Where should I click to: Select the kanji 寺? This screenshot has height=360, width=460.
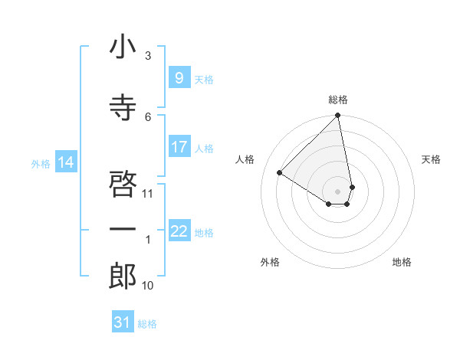(x=123, y=108)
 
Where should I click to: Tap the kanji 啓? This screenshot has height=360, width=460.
(x=123, y=182)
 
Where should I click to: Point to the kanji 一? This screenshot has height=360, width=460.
(x=123, y=229)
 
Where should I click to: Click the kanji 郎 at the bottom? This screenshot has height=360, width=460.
(x=123, y=276)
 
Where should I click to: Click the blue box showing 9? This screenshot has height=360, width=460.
(x=179, y=78)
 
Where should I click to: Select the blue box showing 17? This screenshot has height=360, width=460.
(x=179, y=147)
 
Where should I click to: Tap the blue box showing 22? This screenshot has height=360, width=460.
(x=179, y=231)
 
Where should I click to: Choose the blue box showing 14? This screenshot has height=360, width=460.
(x=66, y=162)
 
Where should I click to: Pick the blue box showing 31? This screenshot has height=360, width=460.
(x=123, y=322)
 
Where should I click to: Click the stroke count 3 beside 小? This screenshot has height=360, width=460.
(x=148, y=56)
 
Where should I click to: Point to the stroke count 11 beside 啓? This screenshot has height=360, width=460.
(x=148, y=193)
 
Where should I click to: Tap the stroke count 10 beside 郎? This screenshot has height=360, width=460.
(x=148, y=286)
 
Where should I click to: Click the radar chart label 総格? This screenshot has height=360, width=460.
(x=338, y=100)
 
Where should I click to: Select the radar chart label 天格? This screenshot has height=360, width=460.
(x=432, y=159)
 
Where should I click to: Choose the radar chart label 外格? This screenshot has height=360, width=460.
(x=270, y=263)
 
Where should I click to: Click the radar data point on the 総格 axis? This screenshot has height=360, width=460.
(x=337, y=116)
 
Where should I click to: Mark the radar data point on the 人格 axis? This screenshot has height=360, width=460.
(x=280, y=172)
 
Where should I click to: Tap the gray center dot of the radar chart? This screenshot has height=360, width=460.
(x=337, y=191)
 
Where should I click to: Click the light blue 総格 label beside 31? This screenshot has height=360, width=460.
(x=147, y=324)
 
